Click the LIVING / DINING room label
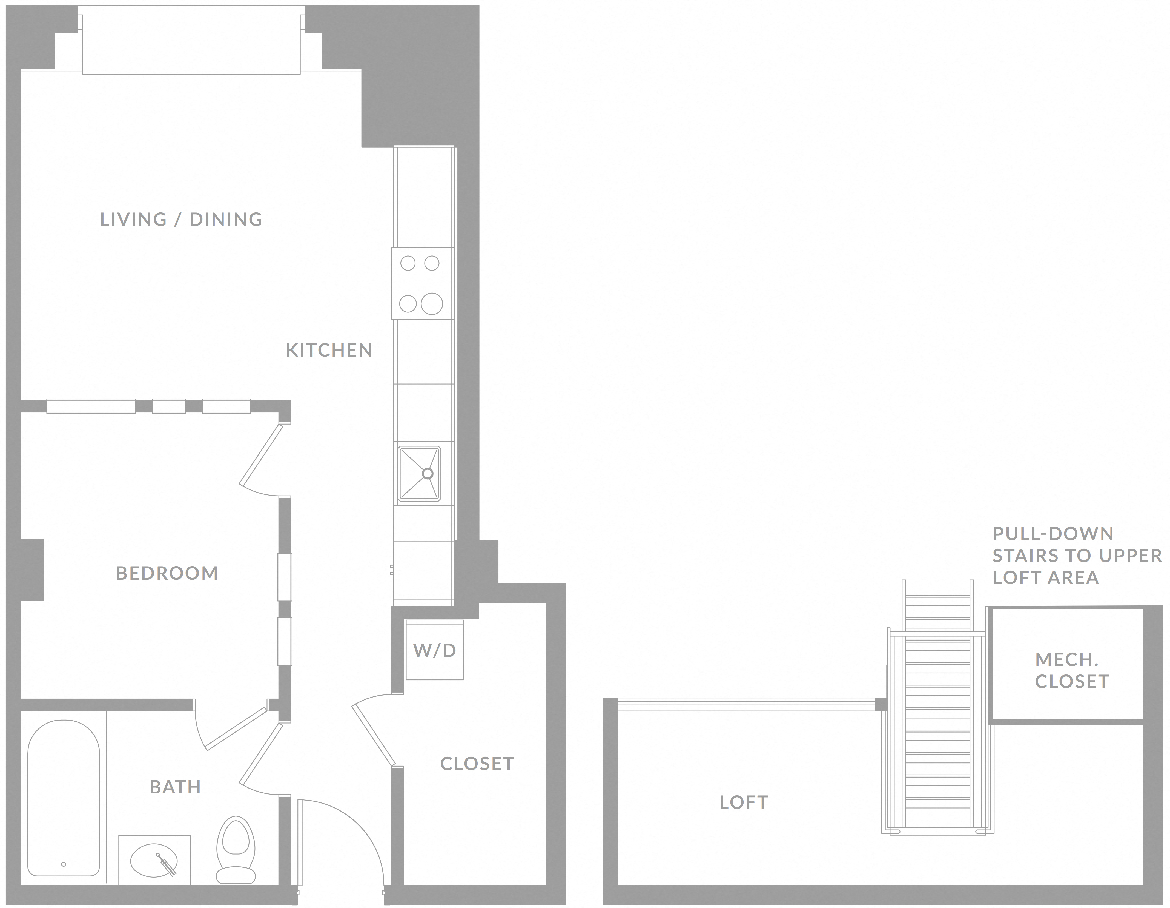click(x=181, y=219)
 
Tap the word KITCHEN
click(x=329, y=350)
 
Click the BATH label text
click(x=175, y=787)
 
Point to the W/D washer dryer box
click(x=434, y=650)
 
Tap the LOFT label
click(x=744, y=802)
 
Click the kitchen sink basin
click(x=419, y=474)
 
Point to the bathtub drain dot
click(x=64, y=879)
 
